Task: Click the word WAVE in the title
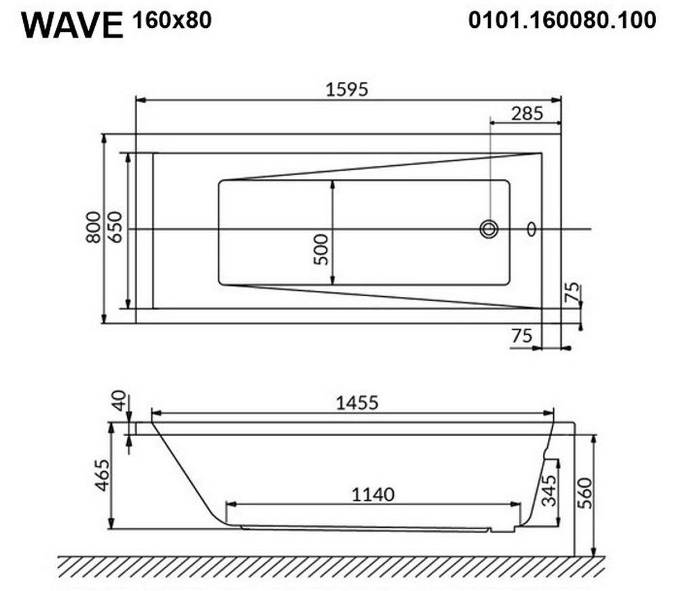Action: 73,26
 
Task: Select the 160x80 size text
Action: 172,20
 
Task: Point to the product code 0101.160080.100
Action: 562,20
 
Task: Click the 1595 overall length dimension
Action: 347,89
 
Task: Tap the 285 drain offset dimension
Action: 527,113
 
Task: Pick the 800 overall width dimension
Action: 94,227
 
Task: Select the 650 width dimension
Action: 115,227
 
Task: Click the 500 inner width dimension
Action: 321,249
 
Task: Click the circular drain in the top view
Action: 489,229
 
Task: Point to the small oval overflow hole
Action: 532,229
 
